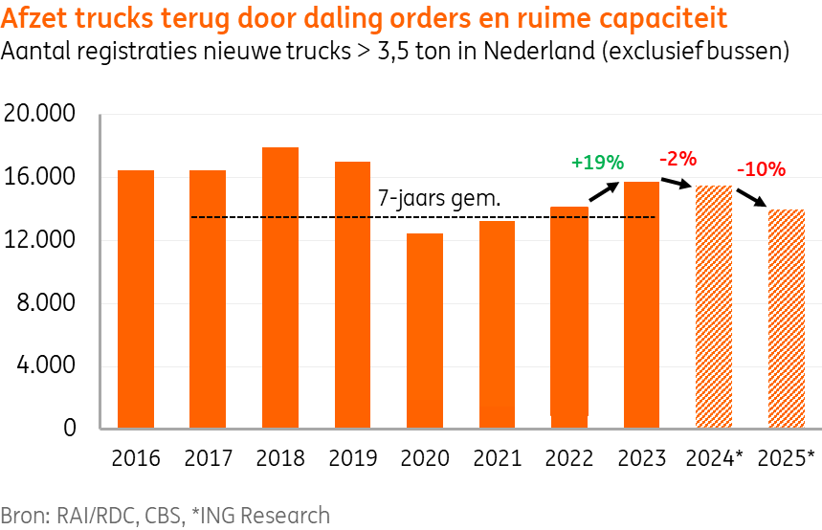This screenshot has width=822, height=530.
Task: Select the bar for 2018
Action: click(x=280, y=287)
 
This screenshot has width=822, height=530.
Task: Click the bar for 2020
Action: click(x=425, y=330)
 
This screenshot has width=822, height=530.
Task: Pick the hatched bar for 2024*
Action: click(x=714, y=306)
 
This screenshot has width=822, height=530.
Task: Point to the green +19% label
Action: click(x=597, y=162)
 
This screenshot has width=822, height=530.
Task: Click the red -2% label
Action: click(x=678, y=158)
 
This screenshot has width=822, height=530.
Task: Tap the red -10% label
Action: click(x=762, y=169)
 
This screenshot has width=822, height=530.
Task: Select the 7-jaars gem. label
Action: click(x=440, y=200)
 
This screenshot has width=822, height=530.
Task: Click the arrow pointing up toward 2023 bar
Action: click(x=605, y=191)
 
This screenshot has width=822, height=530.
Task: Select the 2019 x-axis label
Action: click(x=353, y=457)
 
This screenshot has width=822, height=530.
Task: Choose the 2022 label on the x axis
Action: click(x=569, y=457)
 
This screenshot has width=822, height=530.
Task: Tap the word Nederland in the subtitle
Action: click(x=526, y=51)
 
